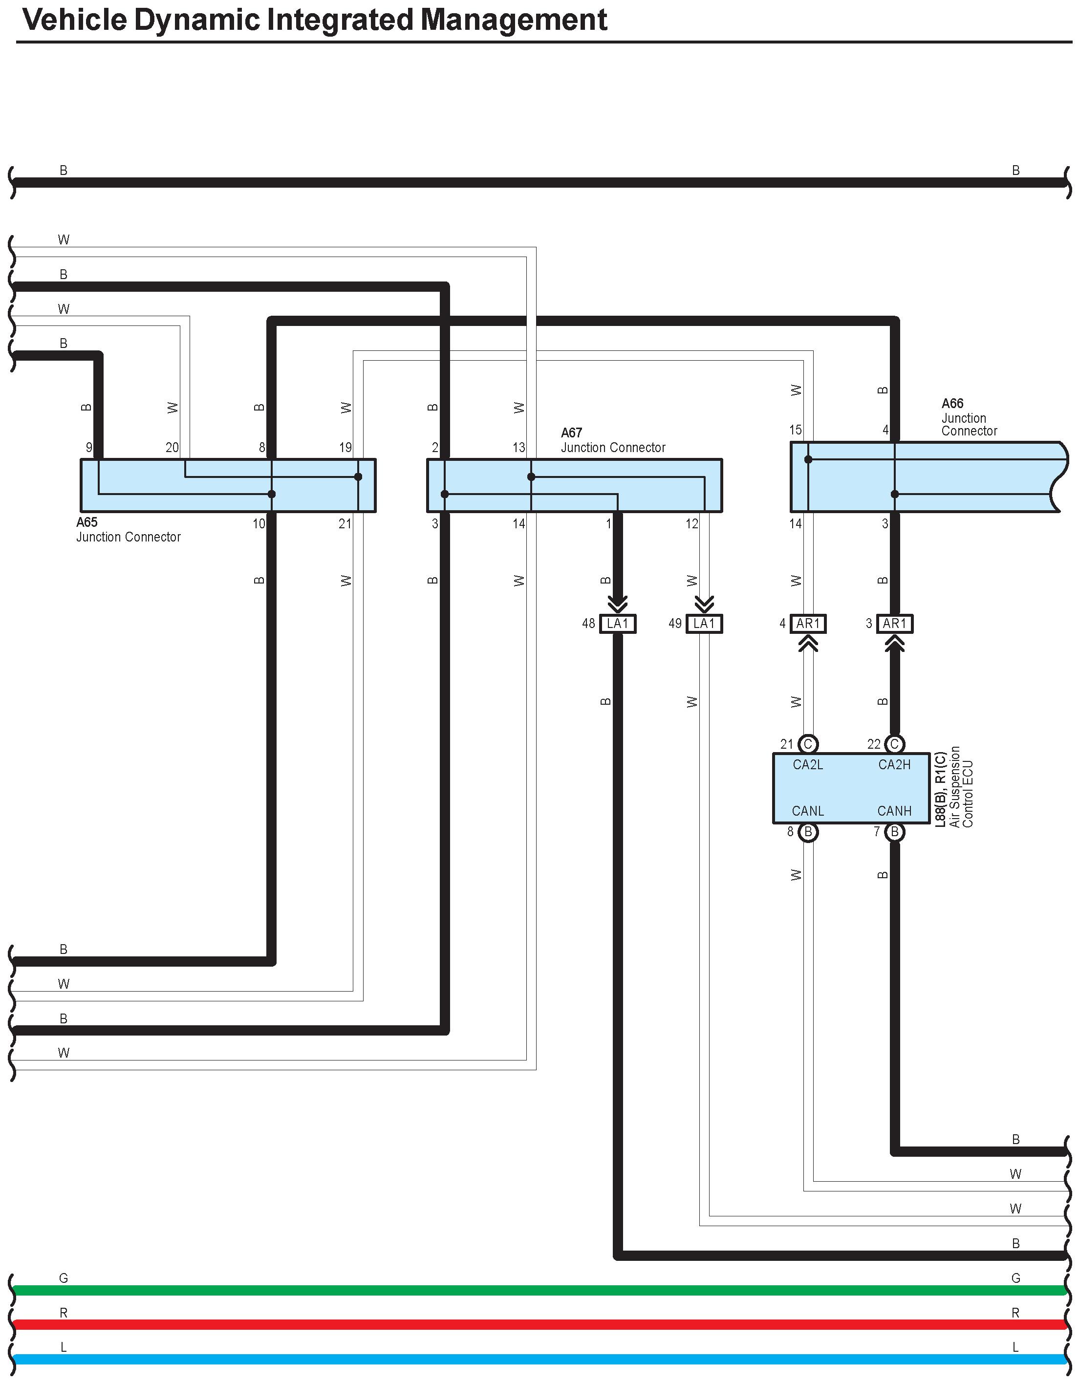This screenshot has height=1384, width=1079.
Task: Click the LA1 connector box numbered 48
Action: pos(617,624)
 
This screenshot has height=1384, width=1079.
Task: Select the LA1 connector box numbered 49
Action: pos(704,624)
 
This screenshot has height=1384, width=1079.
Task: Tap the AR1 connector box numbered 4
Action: pos(808,624)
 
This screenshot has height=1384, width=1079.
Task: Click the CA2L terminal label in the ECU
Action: pos(808,765)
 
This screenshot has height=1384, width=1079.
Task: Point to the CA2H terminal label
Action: pos(894,765)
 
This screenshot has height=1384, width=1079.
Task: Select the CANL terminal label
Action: pos(808,811)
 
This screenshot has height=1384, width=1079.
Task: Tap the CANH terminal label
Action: pos(894,811)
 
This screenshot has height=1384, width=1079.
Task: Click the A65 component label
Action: pos(87,522)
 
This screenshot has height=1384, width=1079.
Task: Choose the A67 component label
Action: pos(571,433)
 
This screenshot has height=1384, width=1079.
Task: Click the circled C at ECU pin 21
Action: pos(808,744)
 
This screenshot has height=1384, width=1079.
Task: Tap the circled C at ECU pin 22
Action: pos(894,744)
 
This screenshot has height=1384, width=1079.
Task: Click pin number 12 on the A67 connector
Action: pos(691,523)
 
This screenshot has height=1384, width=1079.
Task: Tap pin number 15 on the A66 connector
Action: pos(795,430)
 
